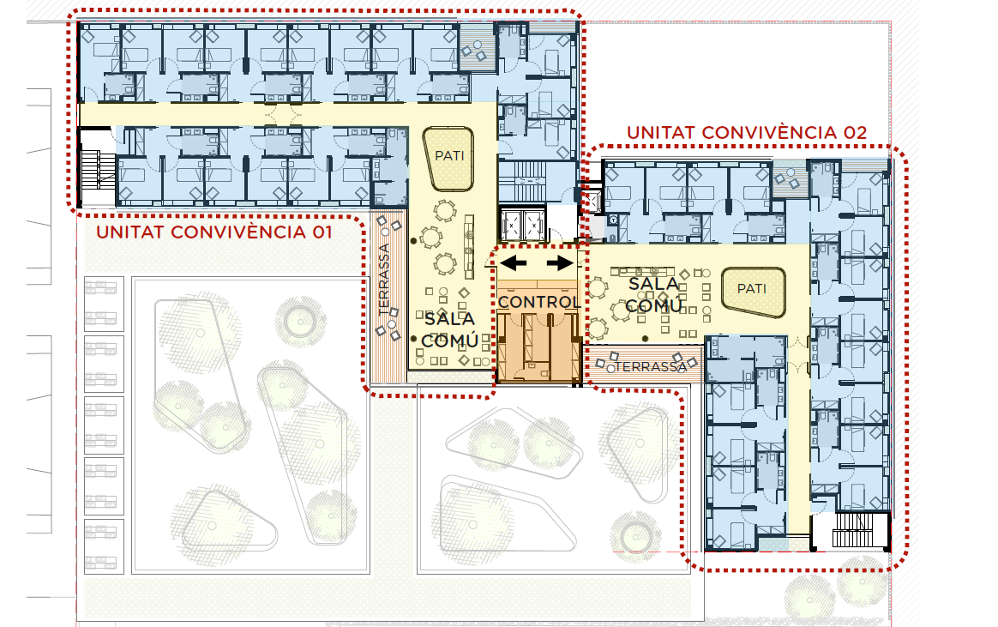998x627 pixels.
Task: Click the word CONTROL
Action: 538,302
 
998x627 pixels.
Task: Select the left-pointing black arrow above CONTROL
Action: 513,262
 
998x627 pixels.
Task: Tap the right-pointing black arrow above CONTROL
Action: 560,262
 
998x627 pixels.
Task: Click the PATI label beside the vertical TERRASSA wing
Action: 449,155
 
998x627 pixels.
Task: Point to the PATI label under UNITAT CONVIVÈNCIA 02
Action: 752,288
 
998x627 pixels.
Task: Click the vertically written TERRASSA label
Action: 384,280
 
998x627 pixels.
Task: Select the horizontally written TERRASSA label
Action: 651,366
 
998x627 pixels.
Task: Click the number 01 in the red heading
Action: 322,232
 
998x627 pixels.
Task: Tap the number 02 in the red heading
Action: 856,132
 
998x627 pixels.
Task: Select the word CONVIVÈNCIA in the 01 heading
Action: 238,232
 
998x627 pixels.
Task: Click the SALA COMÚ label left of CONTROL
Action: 450,329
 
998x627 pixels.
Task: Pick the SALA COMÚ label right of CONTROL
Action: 654,295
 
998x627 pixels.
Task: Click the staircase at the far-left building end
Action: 98,170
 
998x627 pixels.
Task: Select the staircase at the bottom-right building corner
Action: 853,529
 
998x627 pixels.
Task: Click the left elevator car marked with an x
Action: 511,224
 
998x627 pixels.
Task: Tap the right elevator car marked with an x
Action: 532,224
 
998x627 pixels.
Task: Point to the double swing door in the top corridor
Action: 283,115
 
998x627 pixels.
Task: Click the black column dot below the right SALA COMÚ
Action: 645,339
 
